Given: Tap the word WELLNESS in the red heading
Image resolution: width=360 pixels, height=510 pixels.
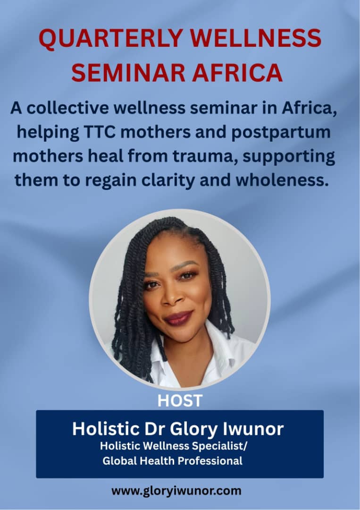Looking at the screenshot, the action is coord(256,38).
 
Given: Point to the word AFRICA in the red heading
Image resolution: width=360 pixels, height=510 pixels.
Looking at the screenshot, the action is coord(237,72).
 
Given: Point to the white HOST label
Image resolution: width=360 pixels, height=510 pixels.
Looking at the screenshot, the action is coord(180,401).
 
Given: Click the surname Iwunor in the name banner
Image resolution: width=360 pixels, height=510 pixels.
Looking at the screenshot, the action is coord(253,429).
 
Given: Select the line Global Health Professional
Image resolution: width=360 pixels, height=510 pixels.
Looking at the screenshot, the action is coord(173,461).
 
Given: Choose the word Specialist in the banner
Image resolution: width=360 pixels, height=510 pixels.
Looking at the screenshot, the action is coord(219,446).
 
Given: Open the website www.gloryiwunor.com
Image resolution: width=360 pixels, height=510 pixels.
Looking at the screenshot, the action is coord(176,491).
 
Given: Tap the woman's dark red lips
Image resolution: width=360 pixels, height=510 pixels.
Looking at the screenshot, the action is coord(178,318).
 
